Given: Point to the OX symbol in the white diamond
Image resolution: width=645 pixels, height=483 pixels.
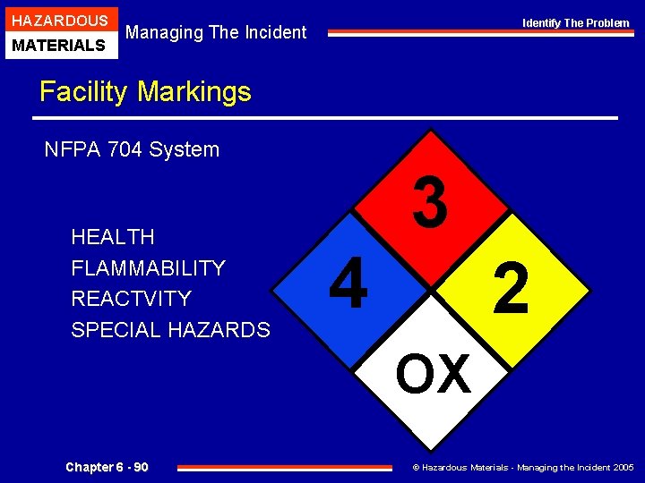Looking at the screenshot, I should (x=433, y=373).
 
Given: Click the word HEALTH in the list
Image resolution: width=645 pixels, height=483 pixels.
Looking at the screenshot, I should (x=113, y=237).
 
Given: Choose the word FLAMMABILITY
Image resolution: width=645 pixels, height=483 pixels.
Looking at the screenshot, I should (x=148, y=268).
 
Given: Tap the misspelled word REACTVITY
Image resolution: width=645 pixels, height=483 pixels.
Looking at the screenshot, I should (x=131, y=299).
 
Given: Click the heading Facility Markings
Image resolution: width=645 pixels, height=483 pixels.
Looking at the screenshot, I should (x=145, y=91).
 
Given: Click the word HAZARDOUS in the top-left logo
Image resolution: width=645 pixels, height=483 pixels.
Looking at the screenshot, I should (x=61, y=20).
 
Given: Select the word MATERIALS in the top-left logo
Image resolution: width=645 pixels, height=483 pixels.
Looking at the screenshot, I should (x=61, y=44).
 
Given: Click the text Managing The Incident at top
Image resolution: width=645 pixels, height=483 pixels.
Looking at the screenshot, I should (x=216, y=32).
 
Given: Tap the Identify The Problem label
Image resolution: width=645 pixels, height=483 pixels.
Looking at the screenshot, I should (x=576, y=23).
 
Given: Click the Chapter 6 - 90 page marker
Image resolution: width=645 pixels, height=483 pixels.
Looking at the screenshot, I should (x=107, y=467).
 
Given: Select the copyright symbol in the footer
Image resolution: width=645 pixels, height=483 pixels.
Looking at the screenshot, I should (x=416, y=468).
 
